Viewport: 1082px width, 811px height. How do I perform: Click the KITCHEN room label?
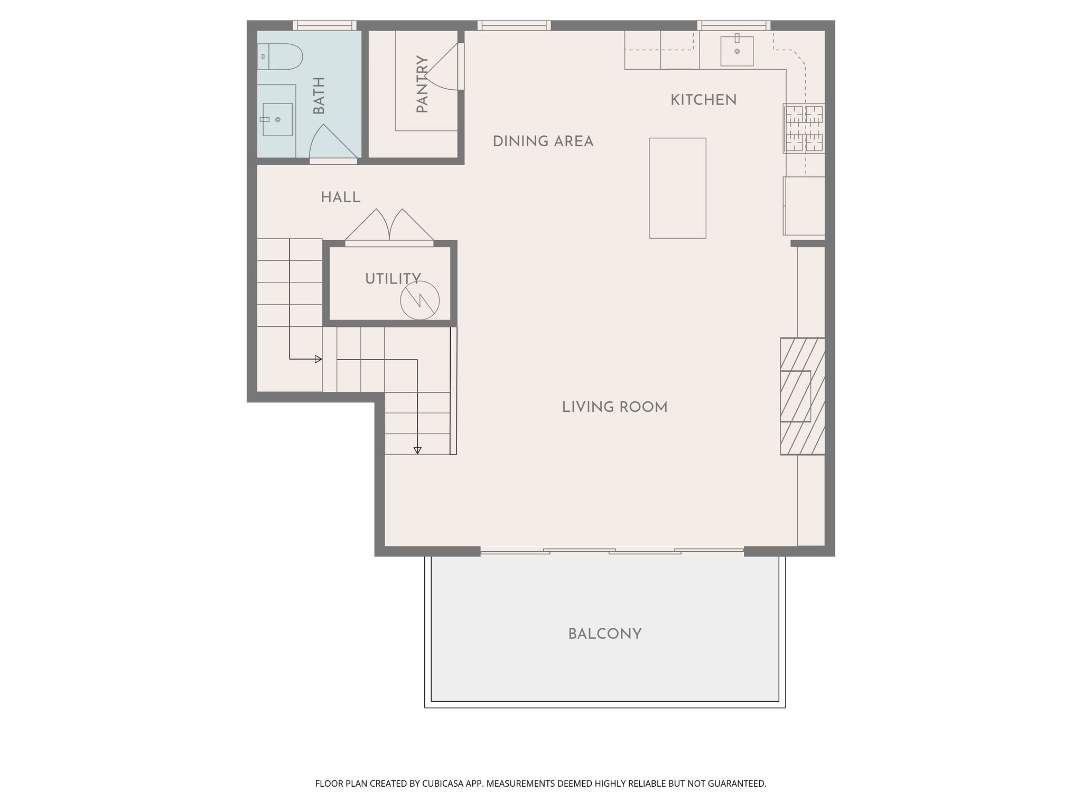tap(703, 100)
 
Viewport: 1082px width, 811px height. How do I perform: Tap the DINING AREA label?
tap(543, 142)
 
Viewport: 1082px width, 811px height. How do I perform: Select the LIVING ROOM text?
tap(614, 407)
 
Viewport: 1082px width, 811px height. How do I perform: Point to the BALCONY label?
tap(605, 634)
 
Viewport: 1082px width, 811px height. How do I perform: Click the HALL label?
tap(341, 197)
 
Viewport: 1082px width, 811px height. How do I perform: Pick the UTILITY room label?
tap(393, 279)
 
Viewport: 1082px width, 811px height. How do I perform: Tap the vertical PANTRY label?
tap(422, 84)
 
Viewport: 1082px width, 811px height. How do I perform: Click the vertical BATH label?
tap(319, 96)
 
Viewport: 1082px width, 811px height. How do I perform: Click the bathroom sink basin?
tap(277, 119)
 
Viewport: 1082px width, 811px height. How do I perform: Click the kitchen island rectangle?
tap(677, 188)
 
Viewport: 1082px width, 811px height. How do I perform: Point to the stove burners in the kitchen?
tap(804, 128)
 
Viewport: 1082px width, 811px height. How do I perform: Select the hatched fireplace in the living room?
tap(803, 397)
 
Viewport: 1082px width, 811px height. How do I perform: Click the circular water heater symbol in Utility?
tap(420, 300)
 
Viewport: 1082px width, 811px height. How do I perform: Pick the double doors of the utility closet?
tap(389, 226)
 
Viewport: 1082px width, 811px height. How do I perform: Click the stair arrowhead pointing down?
tap(417, 450)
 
